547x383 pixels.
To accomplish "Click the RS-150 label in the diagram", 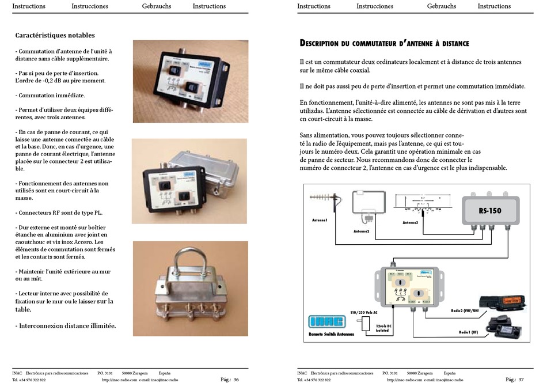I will click(490, 211).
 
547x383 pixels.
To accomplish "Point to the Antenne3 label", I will click(410, 222).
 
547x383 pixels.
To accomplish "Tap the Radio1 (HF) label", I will click(469, 332).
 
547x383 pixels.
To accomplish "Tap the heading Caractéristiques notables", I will click(55, 36).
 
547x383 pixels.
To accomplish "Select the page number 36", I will click(236, 380).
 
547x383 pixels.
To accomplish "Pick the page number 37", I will click(521, 380).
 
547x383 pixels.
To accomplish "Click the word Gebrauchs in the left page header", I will click(156, 6).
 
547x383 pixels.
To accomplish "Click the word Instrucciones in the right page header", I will click(375, 6).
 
